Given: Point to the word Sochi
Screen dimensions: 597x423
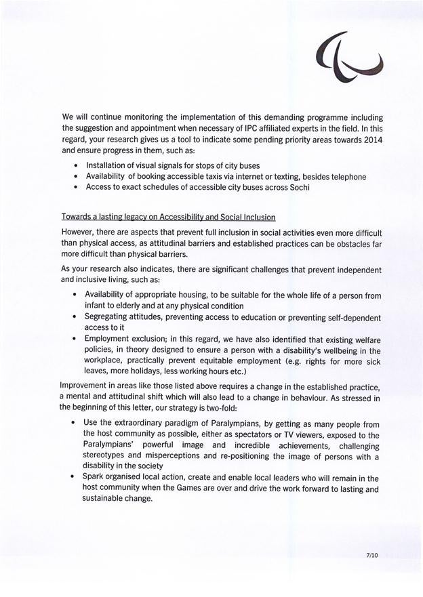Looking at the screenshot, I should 297,188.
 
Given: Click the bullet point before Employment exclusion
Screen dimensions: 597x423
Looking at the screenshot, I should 75,339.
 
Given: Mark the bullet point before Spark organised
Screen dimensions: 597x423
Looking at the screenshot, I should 75,478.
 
